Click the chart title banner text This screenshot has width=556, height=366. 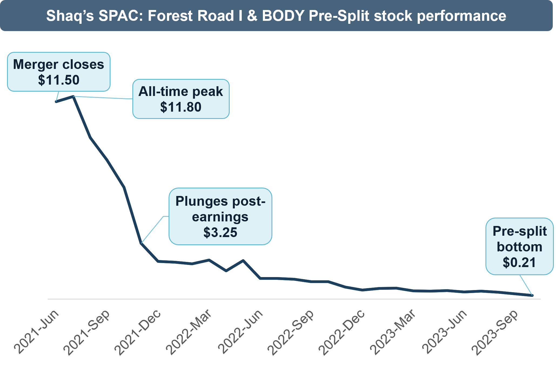(x=276, y=16)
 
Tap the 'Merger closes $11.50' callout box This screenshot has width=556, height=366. (x=59, y=72)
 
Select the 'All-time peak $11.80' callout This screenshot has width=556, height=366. (x=181, y=99)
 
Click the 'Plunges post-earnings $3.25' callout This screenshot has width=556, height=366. (x=220, y=217)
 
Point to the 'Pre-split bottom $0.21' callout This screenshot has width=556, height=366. (x=520, y=247)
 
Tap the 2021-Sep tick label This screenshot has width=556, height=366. (x=87, y=332)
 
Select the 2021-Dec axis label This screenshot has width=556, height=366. (x=138, y=332)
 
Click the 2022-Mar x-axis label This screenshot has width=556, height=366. (x=189, y=332)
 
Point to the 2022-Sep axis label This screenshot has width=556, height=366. (x=291, y=332)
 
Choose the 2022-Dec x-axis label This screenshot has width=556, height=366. (x=342, y=332)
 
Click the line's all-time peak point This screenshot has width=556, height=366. (x=73, y=96)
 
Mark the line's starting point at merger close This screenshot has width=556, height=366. (x=56, y=102)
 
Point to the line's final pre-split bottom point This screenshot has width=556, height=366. (x=532, y=295)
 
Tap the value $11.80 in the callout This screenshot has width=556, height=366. (x=181, y=107)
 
